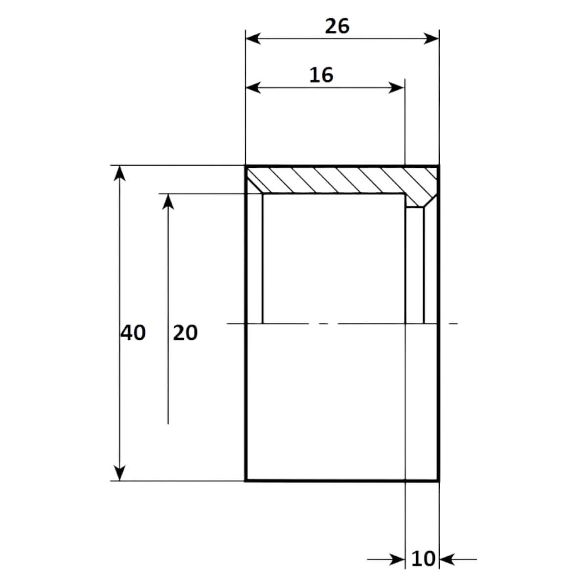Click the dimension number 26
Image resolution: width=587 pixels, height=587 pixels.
(337, 26)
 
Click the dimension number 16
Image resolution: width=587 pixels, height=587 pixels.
(321, 75)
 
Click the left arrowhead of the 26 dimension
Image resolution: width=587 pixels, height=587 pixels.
(253, 39)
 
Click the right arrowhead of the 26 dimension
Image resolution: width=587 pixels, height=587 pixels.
(431, 39)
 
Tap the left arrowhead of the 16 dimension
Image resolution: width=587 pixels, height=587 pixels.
(253, 88)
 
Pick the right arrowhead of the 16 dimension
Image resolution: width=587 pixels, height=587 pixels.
(396, 88)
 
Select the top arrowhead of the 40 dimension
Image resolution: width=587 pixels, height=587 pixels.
(119, 174)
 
